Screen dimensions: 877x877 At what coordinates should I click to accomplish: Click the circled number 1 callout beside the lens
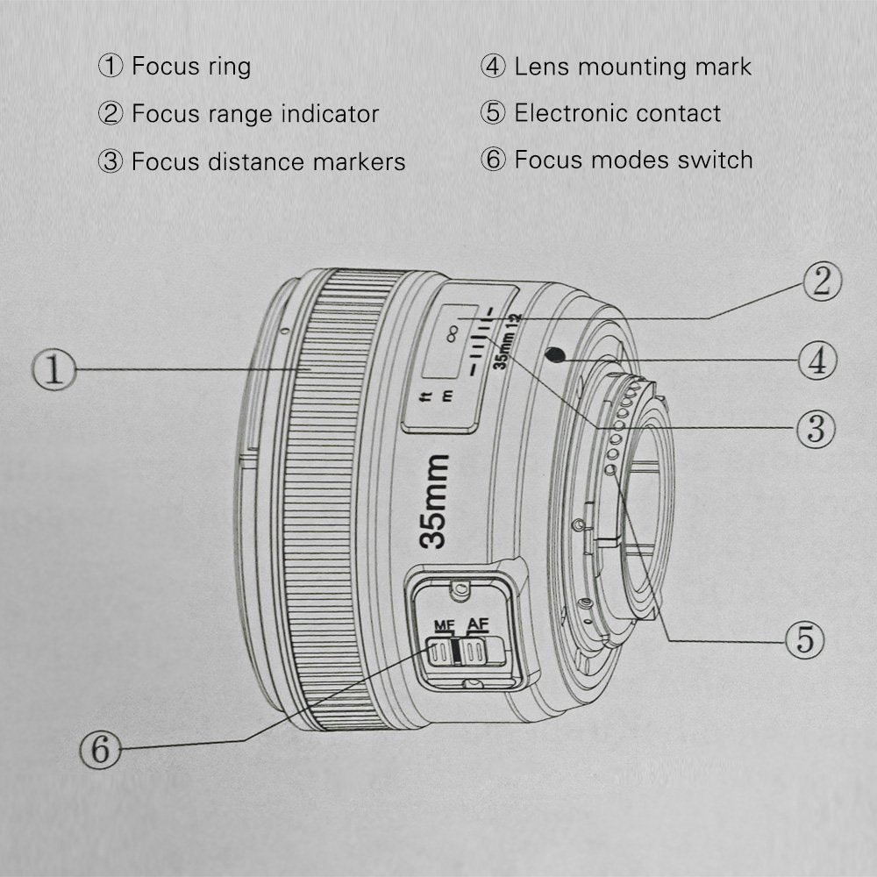(x=54, y=370)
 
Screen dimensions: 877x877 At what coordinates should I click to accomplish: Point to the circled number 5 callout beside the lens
(x=804, y=640)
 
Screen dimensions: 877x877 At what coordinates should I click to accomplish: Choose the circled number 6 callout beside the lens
(x=101, y=748)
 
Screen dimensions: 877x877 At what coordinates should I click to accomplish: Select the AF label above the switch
(x=477, y=624)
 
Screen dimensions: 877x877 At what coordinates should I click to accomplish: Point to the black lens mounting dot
(x=553, y=354)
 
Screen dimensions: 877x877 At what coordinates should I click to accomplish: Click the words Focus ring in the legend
(x=190, y=66)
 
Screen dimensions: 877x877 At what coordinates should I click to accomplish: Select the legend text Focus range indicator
(x=254, y=114)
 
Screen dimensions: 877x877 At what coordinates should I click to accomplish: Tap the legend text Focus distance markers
(x=267, y=161)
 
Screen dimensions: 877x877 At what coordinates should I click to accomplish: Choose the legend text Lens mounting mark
(x=632, y=66)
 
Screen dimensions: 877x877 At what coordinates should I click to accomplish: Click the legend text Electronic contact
(x=617, y=113)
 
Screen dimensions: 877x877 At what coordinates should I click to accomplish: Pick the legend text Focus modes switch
(x=632, y=160)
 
